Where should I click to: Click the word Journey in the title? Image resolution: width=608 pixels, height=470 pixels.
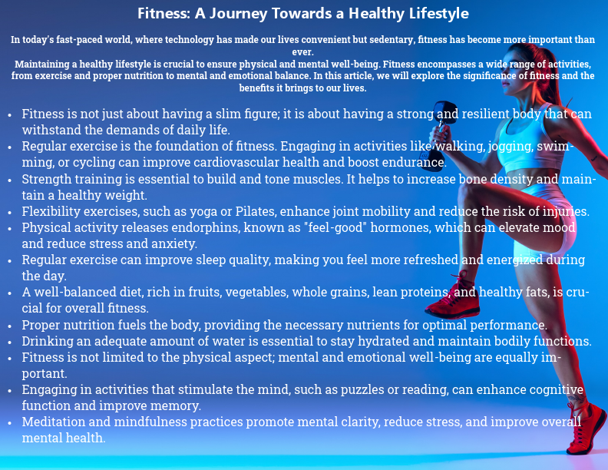tap(247, 14)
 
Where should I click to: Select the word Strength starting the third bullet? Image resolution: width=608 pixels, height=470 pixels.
tap(48, 179)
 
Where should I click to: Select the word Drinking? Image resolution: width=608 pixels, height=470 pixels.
tap(48, 341)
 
